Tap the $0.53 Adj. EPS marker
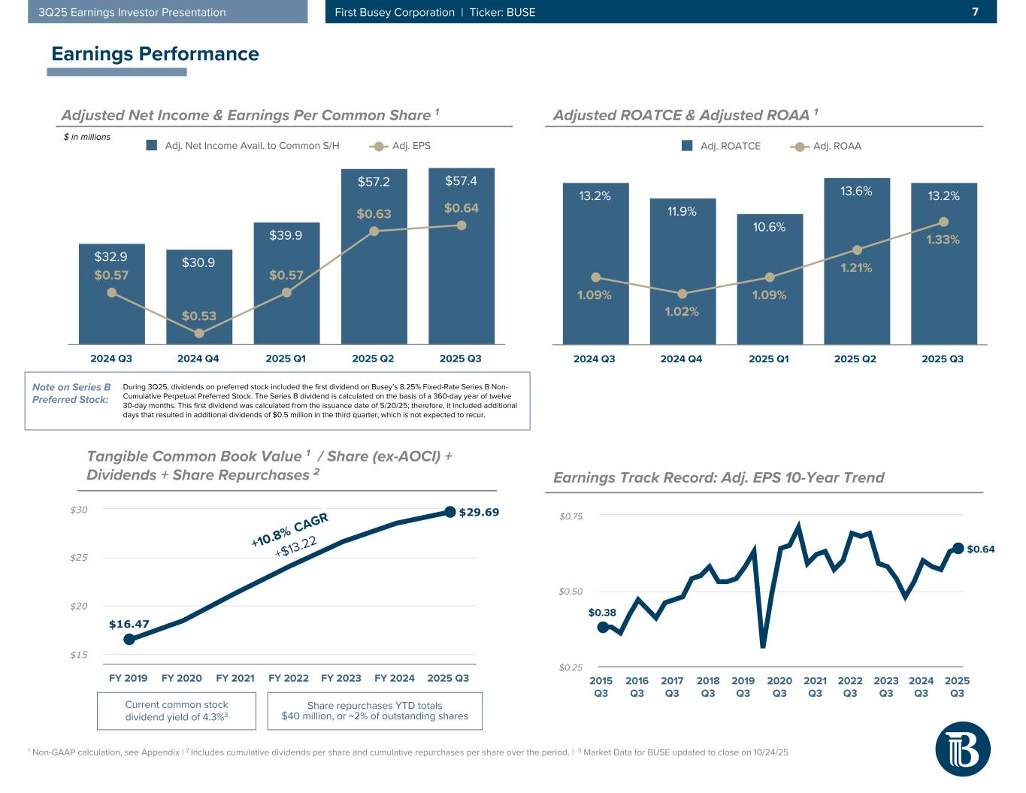(x=199, y=333)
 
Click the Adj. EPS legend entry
(x=401, y=146)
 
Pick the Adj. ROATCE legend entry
(x=722, y=146)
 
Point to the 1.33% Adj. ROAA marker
(x=943, y=222)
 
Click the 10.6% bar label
(x=769, y=227)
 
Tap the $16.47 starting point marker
(x=129, y=639)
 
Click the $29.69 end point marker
(x=449, y=512)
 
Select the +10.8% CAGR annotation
(x=289, y=528)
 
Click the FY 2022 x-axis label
(x=289, y=678)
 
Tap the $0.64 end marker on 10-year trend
(x=958, y=548)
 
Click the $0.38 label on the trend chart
(x=602, y=613)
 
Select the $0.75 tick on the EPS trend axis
(x=571, y=516)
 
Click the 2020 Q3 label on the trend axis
(x=779, y=687)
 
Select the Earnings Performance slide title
(x=155, y=54)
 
